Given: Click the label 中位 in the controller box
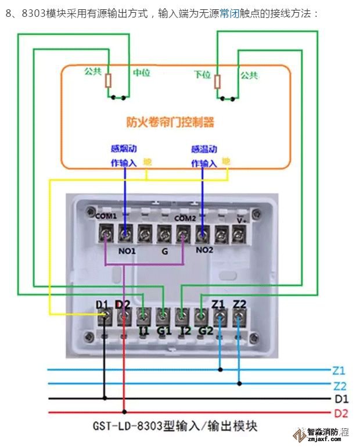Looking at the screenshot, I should [x=142, y=73].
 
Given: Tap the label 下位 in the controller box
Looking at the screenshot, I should [x=202, y=75].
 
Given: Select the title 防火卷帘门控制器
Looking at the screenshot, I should [x=170, y=122].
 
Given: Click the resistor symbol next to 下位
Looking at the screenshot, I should [x=217, y=81].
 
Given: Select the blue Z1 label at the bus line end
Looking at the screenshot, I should [x=340, y=370].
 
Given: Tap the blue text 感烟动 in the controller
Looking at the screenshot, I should [x=123, y=148].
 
